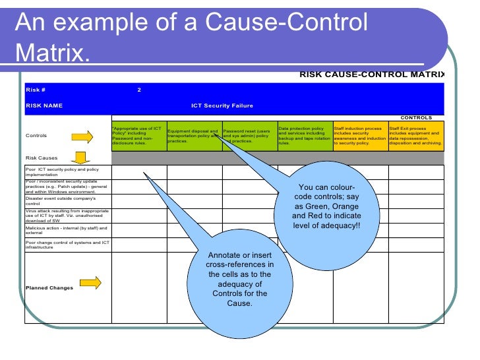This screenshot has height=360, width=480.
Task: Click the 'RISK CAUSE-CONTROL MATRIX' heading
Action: (x=372, y=75)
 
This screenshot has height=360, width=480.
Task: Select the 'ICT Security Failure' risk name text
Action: (x=222, y=105)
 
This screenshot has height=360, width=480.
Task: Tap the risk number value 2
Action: (x=139, y=90)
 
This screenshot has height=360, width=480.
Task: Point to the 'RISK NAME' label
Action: (x=44, y=105)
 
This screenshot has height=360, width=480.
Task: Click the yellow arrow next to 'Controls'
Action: (x=82, y=136)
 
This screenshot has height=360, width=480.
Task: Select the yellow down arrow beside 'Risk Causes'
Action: (x=80, y=158)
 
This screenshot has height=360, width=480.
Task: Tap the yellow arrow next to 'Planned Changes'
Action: (x=90, y=284)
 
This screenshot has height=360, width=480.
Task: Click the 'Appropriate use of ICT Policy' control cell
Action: (x=138, y=136)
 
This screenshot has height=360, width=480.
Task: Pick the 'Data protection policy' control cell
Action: (x=305, y=136)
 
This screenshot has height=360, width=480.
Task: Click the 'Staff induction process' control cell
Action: (x=360, y=136)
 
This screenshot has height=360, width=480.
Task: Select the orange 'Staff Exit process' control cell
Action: (x=415, y=136)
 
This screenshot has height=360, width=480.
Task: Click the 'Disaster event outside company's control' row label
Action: (x=66, y=201)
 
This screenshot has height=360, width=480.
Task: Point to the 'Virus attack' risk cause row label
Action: (x=66, y=216)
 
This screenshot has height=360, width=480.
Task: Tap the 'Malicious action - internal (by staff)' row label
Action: (x=66, y=230)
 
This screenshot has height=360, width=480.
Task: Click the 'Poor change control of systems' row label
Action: (x=66, y=245)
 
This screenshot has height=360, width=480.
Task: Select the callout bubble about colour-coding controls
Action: (x=326, y=207)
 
